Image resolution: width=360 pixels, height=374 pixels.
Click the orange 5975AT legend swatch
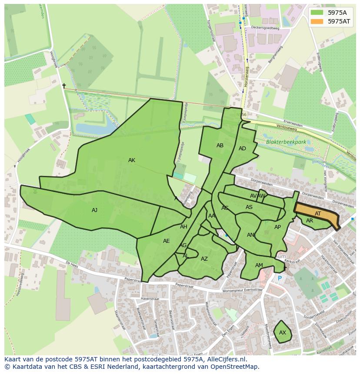coord(317,21)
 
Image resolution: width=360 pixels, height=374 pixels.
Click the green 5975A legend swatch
coord(317,13)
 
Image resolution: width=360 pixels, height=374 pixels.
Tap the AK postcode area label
coord(132,160)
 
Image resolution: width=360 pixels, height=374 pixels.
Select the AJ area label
coord(94,210)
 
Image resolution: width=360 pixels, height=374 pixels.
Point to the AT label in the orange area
coord(318,214)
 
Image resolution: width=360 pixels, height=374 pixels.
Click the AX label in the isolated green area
coord(283,333)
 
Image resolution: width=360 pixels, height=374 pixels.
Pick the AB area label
coord(220,146)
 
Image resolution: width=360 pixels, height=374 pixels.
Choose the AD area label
coord(242,149)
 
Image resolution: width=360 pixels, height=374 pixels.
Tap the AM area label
coord(259,265)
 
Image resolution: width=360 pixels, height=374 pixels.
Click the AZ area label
coord(204,259)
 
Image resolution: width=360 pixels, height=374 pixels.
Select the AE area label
coord(166,241)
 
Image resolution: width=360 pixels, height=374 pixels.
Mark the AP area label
coord(277,227)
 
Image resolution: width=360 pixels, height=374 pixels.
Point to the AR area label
coord(310,221)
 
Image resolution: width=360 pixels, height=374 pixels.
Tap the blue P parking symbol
coord(280,278)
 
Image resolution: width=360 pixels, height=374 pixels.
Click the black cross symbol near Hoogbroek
coord(64,86)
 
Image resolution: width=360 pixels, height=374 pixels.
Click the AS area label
coord(249,207)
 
